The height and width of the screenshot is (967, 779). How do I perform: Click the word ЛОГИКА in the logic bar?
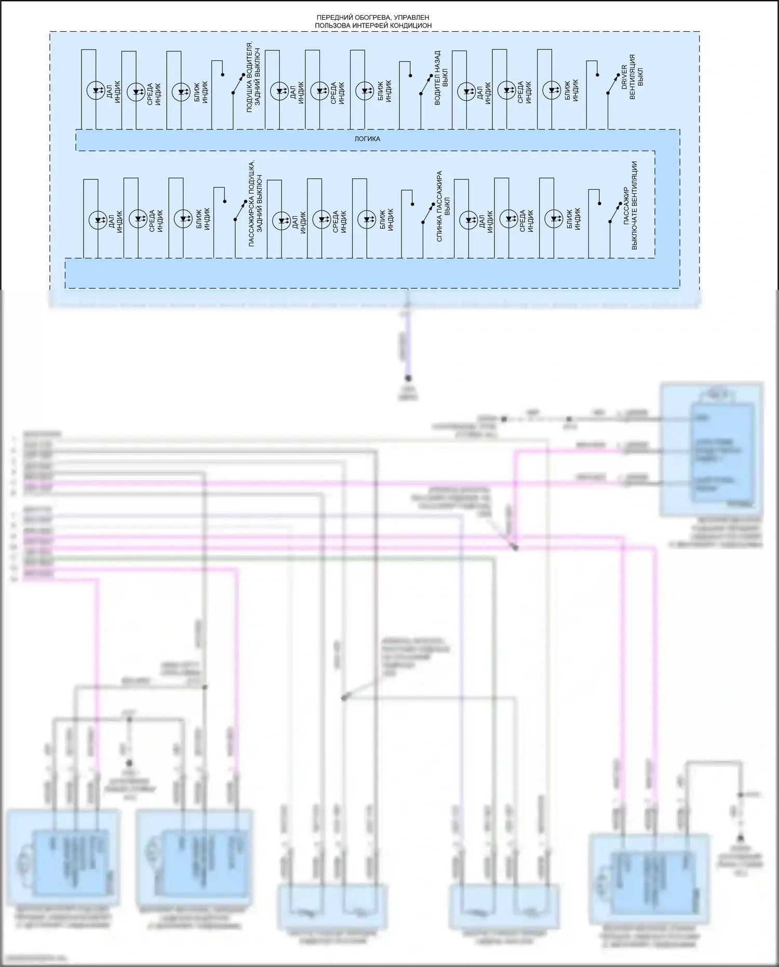[367, 139]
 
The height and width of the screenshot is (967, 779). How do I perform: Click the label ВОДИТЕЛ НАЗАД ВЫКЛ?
[441, 78]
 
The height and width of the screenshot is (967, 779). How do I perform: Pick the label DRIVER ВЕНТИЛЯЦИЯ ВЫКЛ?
[632, 77]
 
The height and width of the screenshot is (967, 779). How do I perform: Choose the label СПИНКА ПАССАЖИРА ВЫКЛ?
[443, 206]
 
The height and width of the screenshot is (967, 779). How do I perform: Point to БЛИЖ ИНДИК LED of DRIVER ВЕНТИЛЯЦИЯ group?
[552, 90]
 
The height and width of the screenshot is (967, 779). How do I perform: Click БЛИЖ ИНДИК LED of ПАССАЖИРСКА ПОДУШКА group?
[183, 219]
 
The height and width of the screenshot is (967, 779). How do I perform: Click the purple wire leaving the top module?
[408, 343]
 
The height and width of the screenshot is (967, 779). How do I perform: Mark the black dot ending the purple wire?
[408, 378]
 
